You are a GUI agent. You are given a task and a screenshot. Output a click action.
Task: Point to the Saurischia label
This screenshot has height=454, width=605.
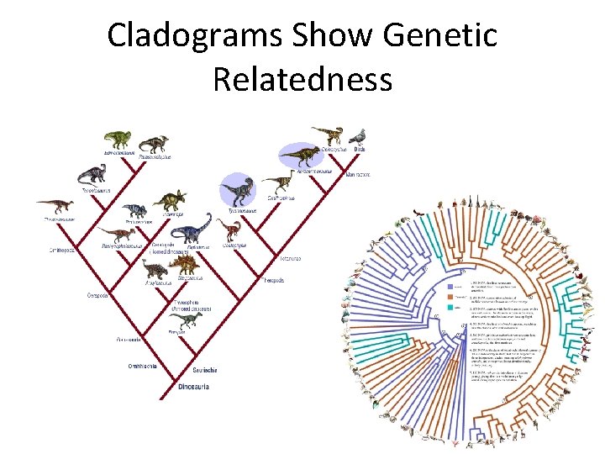tap(206, 370)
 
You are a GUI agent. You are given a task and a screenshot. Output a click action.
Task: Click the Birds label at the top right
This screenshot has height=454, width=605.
tap(359, 149)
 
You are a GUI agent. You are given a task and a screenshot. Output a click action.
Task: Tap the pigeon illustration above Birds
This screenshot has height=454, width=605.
tap(358, 135)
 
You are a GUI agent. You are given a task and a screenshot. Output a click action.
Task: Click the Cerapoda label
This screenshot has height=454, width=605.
tap(97, 295)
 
